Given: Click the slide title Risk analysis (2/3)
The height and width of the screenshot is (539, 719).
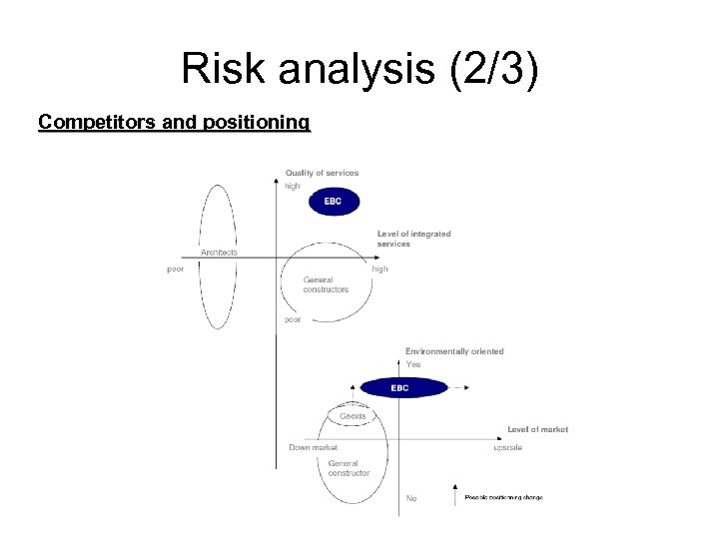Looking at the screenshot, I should [359, 69].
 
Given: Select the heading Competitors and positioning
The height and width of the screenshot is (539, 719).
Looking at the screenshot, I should [174, 123].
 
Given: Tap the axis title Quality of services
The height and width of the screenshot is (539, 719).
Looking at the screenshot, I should [322, 173].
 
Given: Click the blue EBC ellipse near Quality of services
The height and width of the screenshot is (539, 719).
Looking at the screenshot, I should [333, 202].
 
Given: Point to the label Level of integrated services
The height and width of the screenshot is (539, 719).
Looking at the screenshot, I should [413, 239].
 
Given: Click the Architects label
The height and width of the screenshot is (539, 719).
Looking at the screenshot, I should [219, 253].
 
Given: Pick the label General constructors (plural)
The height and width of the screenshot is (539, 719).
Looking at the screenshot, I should [326, 284].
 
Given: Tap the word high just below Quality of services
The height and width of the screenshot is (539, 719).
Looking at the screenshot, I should [293, 186].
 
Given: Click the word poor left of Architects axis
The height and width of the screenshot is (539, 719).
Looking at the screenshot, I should [176, 269].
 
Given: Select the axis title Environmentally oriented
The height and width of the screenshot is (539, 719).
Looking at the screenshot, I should [454, 351].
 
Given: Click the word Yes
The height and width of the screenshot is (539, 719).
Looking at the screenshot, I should [413, 364].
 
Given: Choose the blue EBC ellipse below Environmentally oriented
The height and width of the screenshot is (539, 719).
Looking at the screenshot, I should [399, 387].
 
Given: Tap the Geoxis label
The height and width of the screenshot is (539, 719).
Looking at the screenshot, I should [353, 416].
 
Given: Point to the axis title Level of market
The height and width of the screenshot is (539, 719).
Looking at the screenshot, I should [537, 429].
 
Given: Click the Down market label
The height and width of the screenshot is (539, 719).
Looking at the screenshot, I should [313, 447].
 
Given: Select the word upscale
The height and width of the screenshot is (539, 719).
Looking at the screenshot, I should [507, 447].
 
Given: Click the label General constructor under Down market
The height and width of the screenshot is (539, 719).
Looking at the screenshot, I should [349, 468].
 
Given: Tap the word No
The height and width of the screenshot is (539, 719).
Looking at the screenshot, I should [411, 498].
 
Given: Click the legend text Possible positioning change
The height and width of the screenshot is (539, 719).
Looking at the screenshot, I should [503, 497].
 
